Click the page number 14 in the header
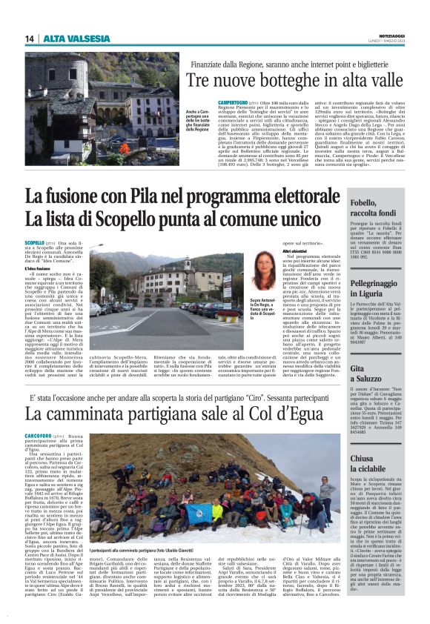(29, 39)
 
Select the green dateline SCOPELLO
(35, 242)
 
